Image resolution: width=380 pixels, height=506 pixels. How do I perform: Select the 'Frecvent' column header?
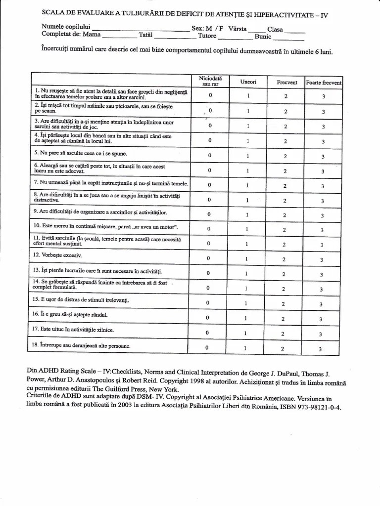287,83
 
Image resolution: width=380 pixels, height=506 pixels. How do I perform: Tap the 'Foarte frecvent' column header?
324,83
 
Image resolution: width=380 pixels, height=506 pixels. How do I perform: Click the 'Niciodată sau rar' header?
210,81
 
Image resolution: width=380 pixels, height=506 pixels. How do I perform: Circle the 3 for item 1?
323,97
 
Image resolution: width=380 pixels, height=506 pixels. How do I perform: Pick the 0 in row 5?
210,155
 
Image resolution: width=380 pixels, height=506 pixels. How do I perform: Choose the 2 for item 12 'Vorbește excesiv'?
284,259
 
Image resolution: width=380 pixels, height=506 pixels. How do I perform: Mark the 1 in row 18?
245,348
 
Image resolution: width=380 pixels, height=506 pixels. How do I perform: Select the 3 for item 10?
322,230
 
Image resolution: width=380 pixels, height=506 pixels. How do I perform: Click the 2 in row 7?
285,186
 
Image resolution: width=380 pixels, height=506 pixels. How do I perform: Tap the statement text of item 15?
84,299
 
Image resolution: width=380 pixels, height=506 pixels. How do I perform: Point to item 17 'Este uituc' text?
73,329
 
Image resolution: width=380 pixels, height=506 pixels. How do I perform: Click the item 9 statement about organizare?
100,212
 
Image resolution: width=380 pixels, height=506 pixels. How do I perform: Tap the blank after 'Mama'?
119,37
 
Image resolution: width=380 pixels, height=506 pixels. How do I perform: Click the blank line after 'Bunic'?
288,38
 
